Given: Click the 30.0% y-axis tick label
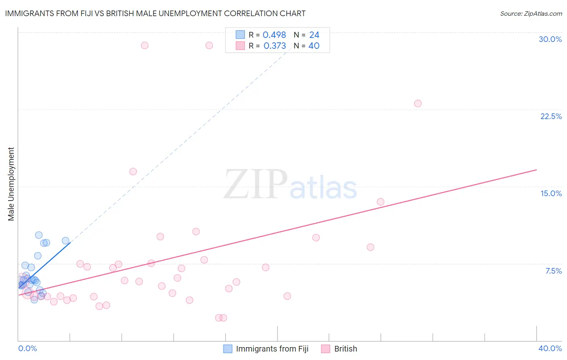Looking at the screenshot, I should tap(550, 39).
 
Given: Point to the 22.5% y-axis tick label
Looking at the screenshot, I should tap(551, 116).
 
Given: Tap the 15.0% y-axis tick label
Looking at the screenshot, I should tap(551, 193).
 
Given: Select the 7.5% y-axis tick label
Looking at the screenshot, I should tap(553, 271).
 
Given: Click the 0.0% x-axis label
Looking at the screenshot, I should tap(27, 348).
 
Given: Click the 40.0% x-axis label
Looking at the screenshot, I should tap(550, 348).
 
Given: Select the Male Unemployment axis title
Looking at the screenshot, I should tap(11, 184).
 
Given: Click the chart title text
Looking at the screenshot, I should tap(155, 13).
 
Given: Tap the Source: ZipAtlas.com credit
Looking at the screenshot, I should tap(531, 13).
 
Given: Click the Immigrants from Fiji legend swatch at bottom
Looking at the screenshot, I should tap(228, 349).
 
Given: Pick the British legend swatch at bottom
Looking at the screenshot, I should tap(325, 349).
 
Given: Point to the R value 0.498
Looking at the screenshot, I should tap(274, 35).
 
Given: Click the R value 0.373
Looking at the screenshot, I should tap(275, 46).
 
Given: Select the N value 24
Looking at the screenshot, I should tap(314, 35).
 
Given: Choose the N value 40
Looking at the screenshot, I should tap(314, 46).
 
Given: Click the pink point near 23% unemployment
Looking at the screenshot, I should tap(418, 103).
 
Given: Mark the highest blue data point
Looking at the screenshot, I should tap(39, 235).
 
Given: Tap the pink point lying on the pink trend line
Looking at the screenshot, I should tap(380, 202).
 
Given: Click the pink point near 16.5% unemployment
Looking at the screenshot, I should tap(133, 172).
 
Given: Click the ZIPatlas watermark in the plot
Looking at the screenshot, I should tap(290, 185).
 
